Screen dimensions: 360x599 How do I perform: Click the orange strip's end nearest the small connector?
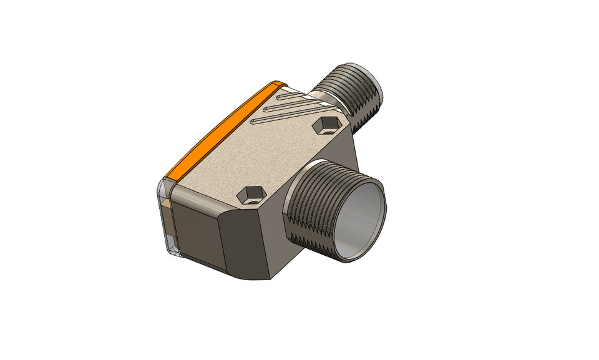tap(275, 84)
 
